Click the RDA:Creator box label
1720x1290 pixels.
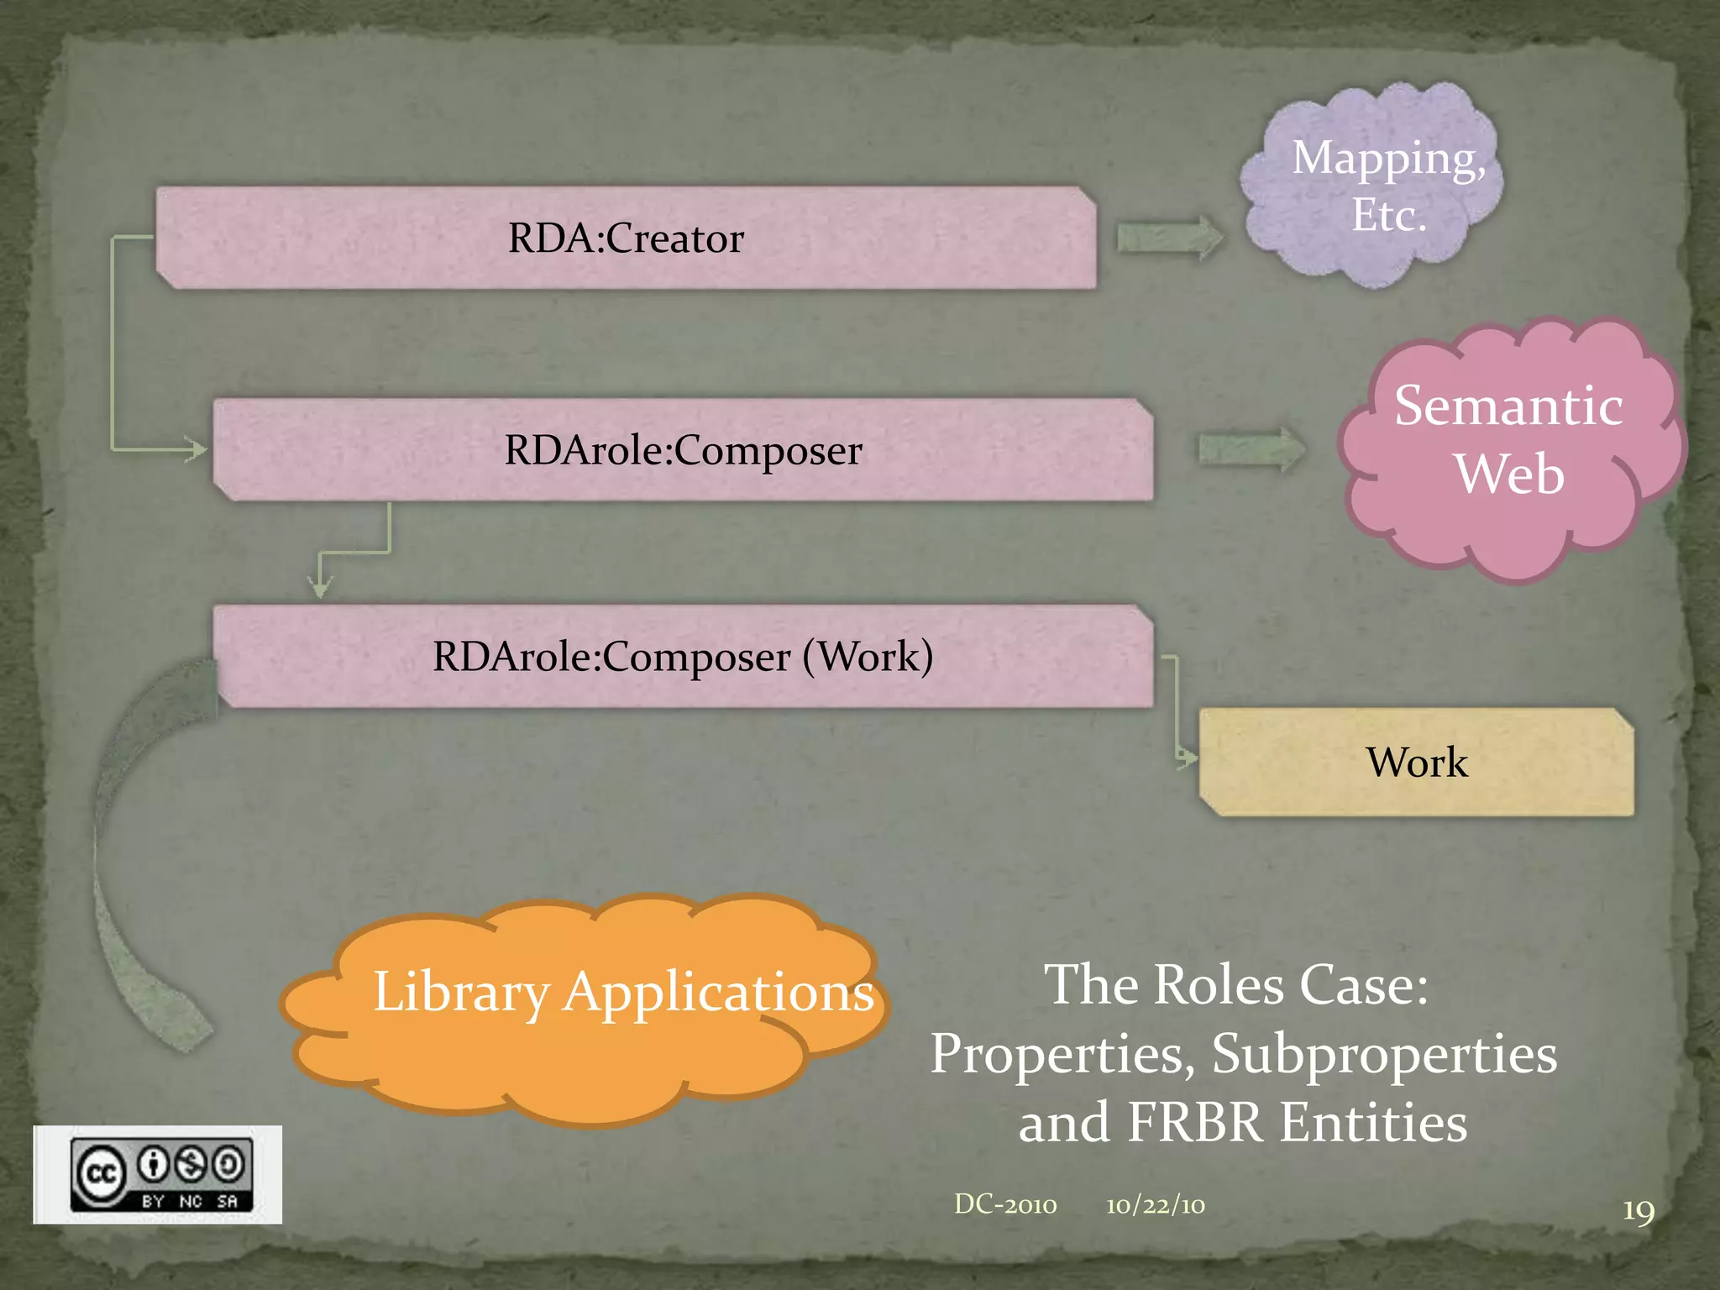tap(626, 239)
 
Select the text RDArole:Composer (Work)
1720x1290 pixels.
tap(682, 656)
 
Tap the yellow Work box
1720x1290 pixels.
tap(1416, 763)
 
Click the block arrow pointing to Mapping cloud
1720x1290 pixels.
tap(1169, 239)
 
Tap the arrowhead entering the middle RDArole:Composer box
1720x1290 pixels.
tap(198, 449)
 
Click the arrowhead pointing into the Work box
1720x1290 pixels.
tap(1188, 758)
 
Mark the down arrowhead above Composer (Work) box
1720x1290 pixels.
tap(319, 587)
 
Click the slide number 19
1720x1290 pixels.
tap(1638, 1211)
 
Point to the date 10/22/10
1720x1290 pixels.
tap(1155, 1205)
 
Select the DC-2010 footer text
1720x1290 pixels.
tap(1005, 1204)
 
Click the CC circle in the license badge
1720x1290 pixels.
tap(101, 1173)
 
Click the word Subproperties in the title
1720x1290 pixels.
tap(1384, 1054)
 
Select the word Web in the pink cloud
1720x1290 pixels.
tap(1509, 475)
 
